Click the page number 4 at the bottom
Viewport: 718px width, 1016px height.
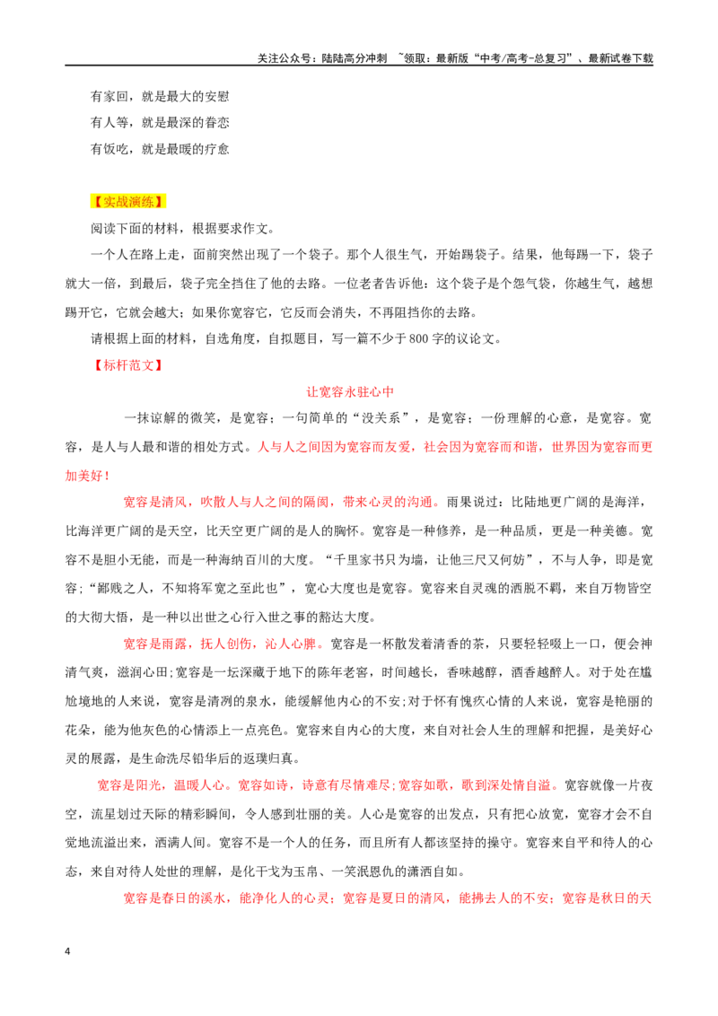click(x=67, y=951)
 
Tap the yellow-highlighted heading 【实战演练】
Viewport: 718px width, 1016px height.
click(x=128, y=202)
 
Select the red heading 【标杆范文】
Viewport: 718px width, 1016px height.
click(x=128, y=364)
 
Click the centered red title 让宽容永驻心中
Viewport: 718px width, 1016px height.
click(x=350, y=391)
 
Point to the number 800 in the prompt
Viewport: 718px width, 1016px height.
click(x=419, y=338)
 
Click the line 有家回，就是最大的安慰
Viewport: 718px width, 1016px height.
click(x=160, y=97)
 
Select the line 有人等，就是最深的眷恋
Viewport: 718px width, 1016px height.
click(x=160, y=122)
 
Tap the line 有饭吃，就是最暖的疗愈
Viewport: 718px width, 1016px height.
click(x=160, y=149)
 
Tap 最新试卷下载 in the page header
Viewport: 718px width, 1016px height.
click(x=621, y=58)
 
